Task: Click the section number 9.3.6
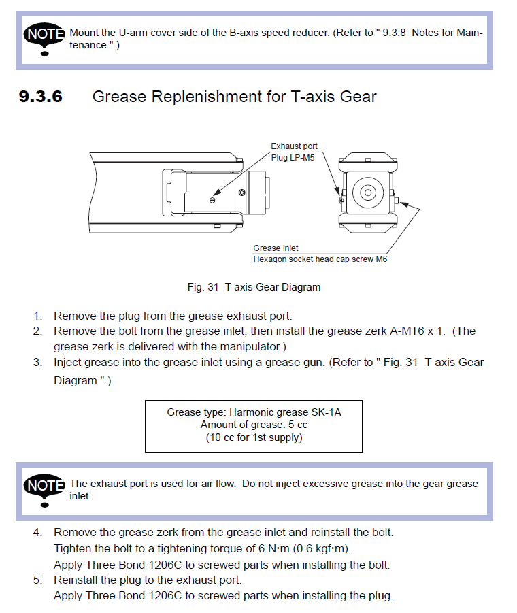pos(41,97)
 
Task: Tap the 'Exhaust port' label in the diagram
pos(294,146)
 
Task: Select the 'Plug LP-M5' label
pos(294,157)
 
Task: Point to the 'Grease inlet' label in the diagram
pos(276,248)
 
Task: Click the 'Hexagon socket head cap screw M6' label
pos(320,259)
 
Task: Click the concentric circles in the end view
pos(367,193)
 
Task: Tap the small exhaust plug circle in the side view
pos(213,200)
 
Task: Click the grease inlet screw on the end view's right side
pos(404,202)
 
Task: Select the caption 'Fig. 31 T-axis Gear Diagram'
pos(254,287)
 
